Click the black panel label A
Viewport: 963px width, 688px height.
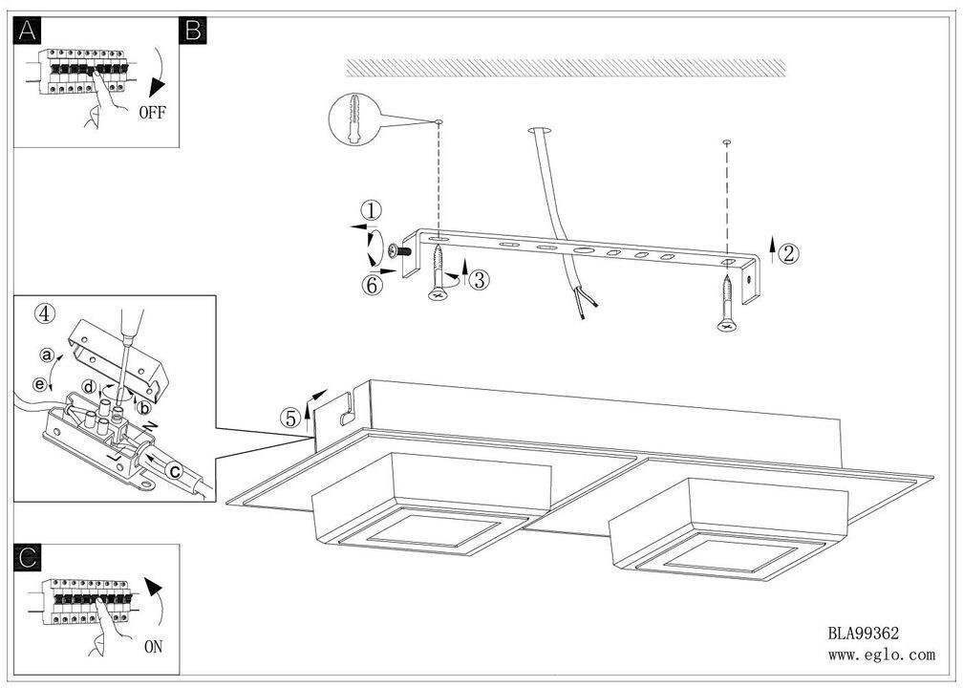pos(28,32)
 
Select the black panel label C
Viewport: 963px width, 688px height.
pos(28,558)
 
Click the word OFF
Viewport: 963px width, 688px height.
pos(152,112)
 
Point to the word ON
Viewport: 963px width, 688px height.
pos(152,647)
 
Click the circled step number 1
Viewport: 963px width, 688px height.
pos(372,210)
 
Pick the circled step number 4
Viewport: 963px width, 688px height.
pos(42,312)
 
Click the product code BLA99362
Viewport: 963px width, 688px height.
pos(863,633)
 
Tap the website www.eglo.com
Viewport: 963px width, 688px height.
pos(881,655)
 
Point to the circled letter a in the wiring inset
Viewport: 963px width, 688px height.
pos(45,354)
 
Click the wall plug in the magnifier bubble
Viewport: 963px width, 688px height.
pos(353,122)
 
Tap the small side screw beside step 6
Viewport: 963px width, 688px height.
pos(399,251)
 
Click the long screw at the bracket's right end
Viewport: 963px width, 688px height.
pos(728,304)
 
